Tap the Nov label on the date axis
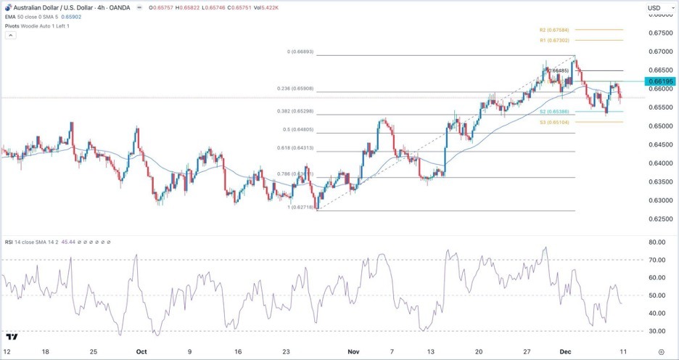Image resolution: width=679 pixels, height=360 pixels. click(353, 351)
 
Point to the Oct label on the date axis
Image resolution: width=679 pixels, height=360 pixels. click(141, 351)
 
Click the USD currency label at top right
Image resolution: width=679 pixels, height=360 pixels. click(654, 8)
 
